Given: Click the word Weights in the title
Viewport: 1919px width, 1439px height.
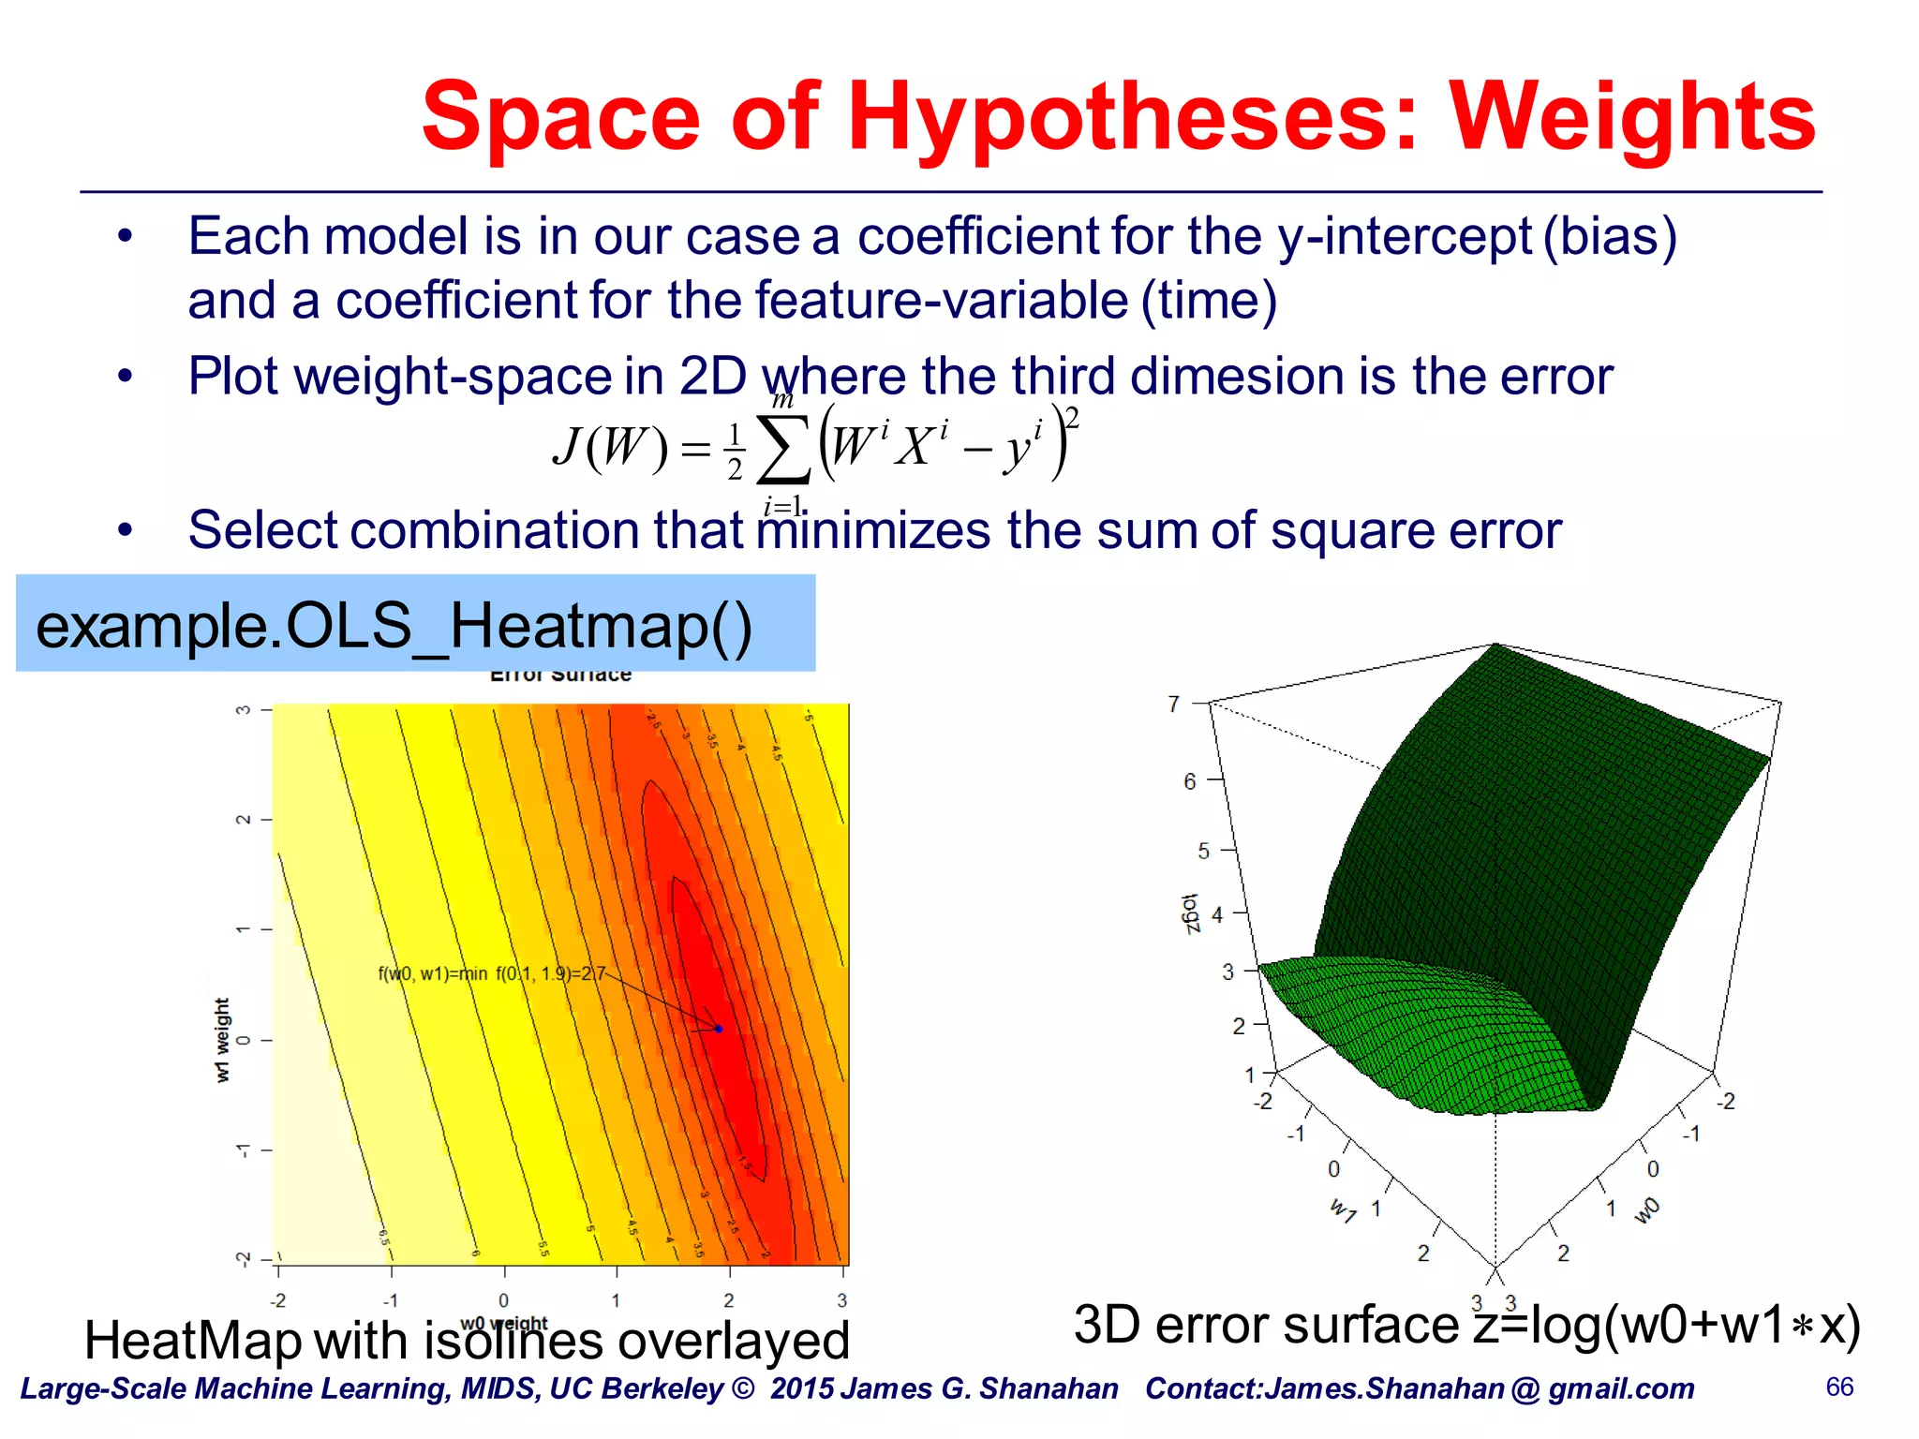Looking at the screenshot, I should [x=1632, y=116].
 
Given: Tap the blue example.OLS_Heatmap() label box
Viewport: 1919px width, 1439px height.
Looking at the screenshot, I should [x=415, y=623].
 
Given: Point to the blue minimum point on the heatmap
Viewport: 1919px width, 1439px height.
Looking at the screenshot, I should [x=719, y=1029].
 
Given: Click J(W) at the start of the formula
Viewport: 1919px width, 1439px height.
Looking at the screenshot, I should [x=610, y=447].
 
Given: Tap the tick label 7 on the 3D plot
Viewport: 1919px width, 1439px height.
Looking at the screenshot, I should [x=1173, y=704].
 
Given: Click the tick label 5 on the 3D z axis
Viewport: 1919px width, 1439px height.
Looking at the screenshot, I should [x=1203, y=851].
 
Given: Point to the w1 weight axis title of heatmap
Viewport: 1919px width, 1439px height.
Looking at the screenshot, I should [x=222, y=1040].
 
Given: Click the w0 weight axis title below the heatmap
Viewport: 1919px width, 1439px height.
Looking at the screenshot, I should [x=504, y=1323].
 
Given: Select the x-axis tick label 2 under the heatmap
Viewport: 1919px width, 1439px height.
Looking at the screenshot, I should [x=728, y=1300].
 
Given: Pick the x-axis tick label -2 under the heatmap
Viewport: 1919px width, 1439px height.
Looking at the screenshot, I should [x=278, y=1300].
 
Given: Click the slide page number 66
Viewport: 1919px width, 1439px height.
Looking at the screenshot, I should [x=1839, y=1387].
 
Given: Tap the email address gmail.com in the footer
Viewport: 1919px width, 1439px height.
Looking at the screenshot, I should [x=1621, y=1388].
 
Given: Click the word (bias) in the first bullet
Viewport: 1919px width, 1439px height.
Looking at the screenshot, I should [x=1610, y=236].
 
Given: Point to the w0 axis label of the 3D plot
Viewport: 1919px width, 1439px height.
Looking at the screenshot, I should [x=1646, y=1209].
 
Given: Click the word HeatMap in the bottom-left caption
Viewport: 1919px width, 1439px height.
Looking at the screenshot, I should [x=192, y=1341].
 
